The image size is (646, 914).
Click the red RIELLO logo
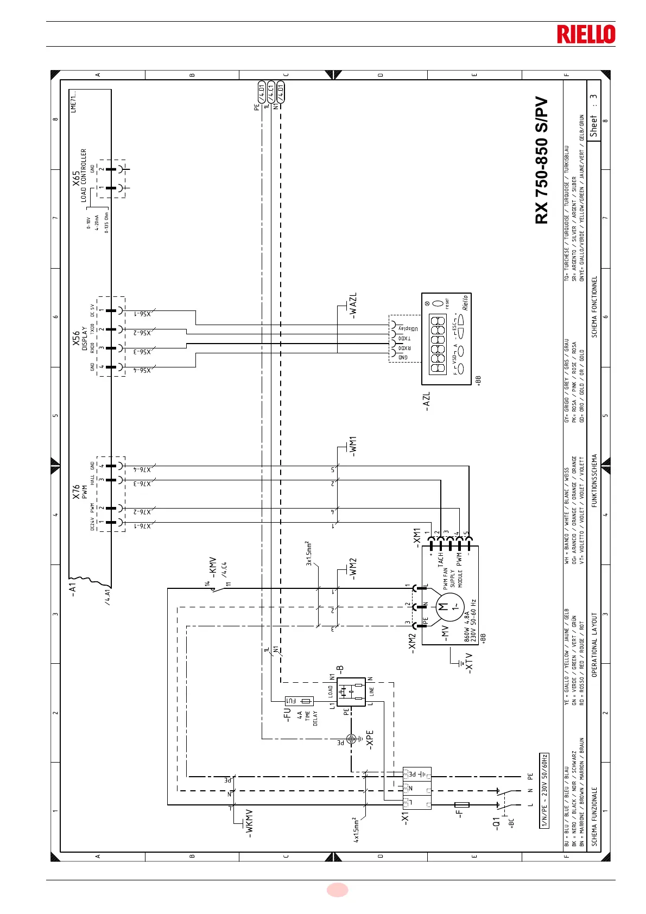point(586,34)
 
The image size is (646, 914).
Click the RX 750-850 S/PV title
point(542,161)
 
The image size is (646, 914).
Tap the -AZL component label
point(426,402)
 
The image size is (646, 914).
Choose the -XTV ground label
point(470,663)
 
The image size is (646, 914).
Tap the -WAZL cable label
point(353,306)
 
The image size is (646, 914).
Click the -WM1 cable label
point(353,446)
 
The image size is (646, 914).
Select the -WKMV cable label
point(249,824)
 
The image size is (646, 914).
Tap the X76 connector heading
point(77,492)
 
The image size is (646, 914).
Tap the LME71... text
point(74,101)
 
